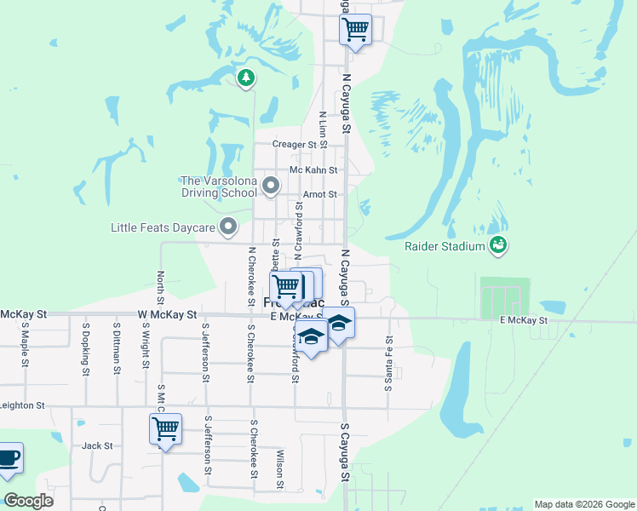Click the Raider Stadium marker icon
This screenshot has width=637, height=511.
coord(499,247)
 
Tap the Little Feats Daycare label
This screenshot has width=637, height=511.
coord(164,227)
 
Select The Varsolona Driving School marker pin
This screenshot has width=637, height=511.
coord(271,185)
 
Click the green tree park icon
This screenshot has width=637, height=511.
coord(246,78)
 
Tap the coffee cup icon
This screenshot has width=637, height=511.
coord(8,458)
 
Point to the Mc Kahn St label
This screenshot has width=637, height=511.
coord(313,170)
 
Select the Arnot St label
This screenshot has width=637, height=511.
coord(320,195)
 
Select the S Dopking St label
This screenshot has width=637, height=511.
coord(86,348)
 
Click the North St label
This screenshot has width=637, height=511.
coord(160,288)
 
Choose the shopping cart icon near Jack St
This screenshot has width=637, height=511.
coord(164,429)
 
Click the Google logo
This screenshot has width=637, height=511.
coord(28,501)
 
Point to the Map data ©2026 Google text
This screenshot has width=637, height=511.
coord(584,504)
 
